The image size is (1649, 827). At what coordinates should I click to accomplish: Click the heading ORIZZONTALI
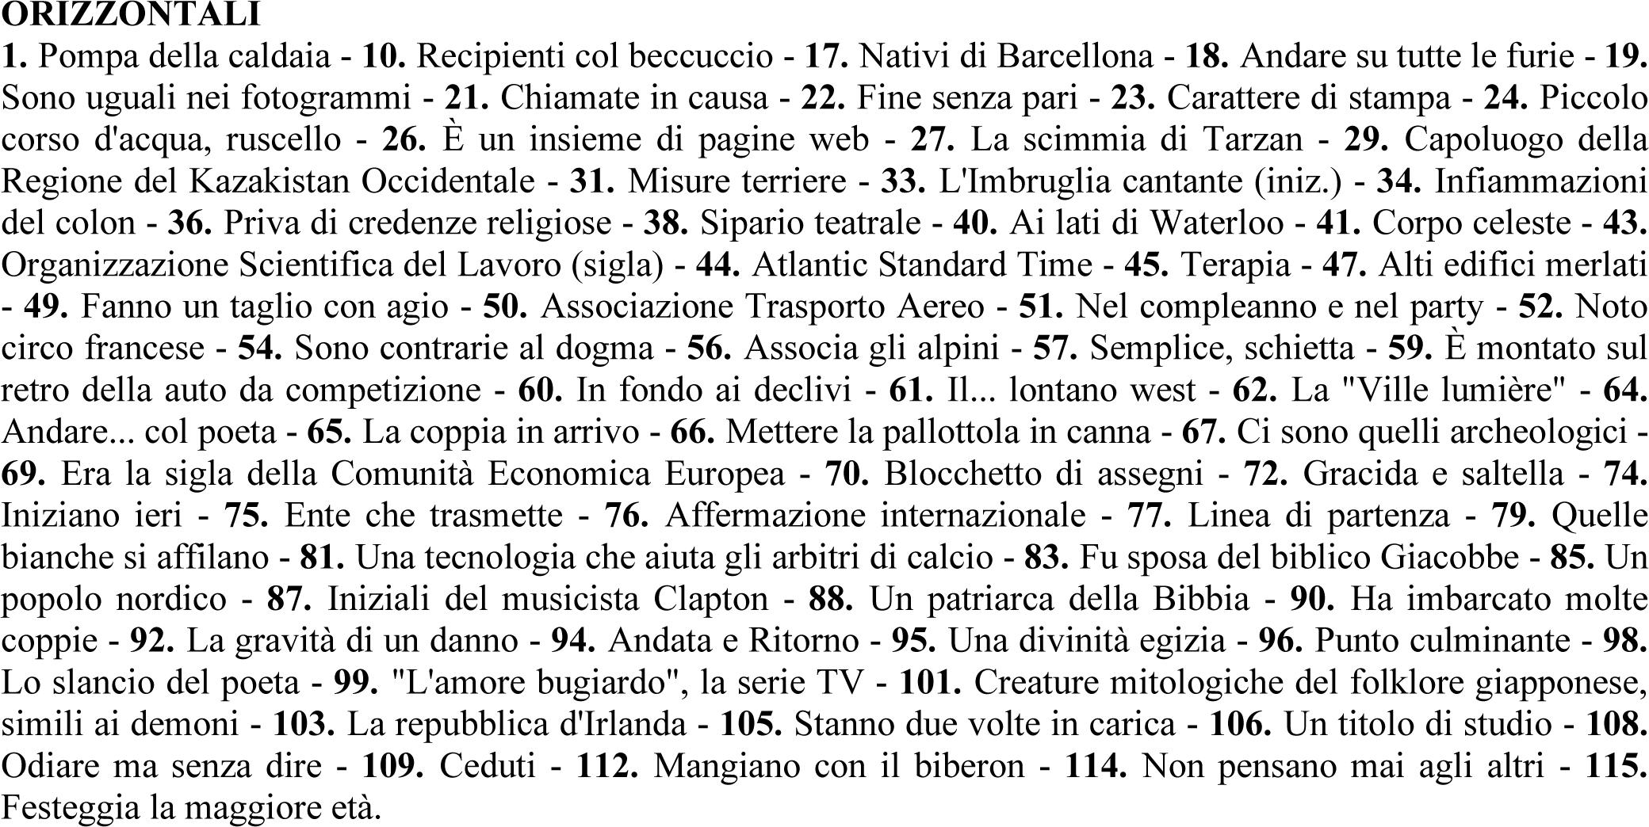132,13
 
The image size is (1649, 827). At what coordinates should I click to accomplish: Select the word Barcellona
1074,55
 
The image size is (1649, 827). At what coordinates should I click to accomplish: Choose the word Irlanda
637,724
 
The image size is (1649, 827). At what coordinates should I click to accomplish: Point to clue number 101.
930,682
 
